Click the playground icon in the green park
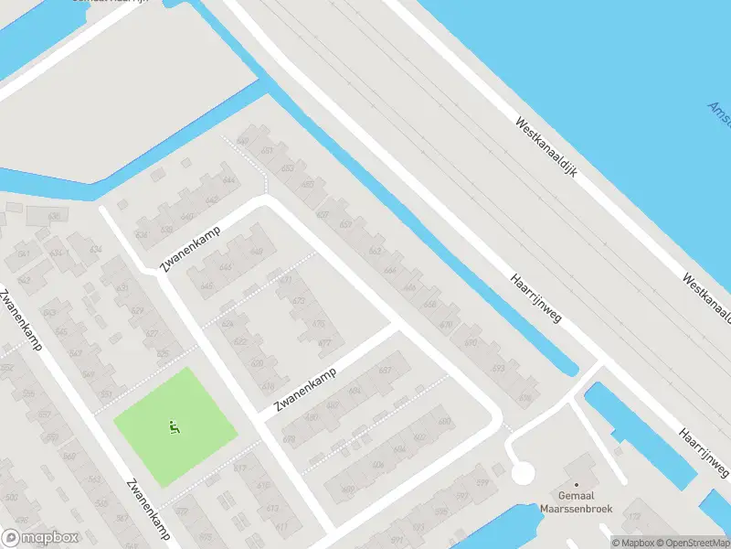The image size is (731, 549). (x=174, y=425)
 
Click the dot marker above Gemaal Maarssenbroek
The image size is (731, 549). (x=577, y=485)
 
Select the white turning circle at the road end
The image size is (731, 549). (x=522, y=473)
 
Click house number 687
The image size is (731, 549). (x=385, y=370)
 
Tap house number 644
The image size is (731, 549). (x=228, y=180)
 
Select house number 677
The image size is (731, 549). (x=286, y=280)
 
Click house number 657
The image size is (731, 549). (x=345, y=225)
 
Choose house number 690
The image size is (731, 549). (x=471, y=342)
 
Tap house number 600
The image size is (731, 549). (x=444, y=422)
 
